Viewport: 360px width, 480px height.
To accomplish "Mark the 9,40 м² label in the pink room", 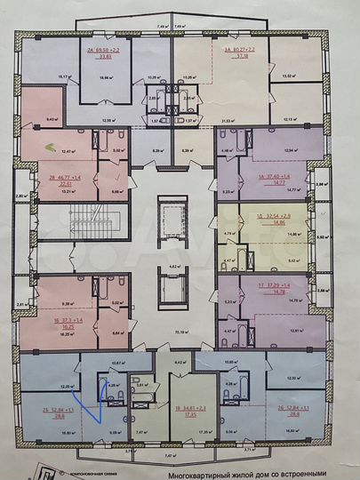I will (x=52, y=118).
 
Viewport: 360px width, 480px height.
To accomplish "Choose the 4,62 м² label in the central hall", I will (x=176, y=266).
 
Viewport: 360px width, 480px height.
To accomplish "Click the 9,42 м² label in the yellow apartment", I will (x=295, y=260).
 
